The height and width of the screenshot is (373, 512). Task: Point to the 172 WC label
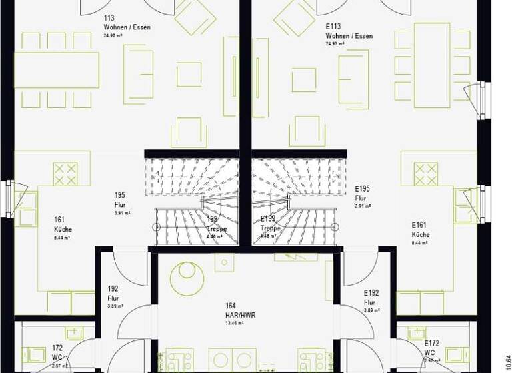(x=58, y=352)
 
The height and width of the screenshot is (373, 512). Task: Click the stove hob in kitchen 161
(x=65, y=174)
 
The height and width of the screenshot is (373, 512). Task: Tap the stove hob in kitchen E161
(x=425, y=174)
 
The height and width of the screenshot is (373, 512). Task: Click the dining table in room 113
(x=57, y=70)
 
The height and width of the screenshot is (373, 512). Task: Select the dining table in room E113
(x=432, y=65)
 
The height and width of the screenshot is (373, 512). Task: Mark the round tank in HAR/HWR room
(x=187, y=278)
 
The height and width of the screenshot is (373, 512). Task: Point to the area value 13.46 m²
(x=233, y=323)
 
